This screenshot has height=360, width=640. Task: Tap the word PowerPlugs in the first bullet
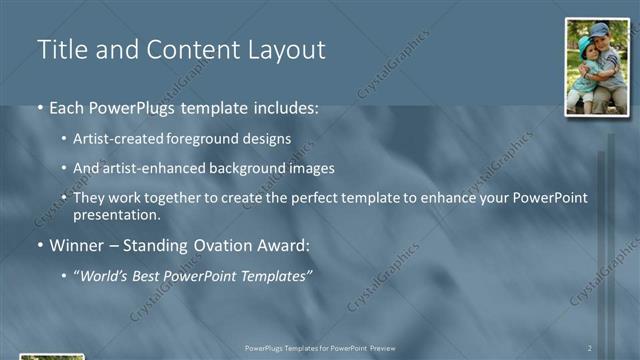(139, 107)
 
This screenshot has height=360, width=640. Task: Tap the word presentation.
(116, 214)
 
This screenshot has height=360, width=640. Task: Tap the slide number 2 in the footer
(590, 348)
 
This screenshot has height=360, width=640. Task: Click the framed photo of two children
(597, 66)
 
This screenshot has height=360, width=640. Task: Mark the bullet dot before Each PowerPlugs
(39, 108)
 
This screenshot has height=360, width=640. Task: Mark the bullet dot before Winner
(39, 245)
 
